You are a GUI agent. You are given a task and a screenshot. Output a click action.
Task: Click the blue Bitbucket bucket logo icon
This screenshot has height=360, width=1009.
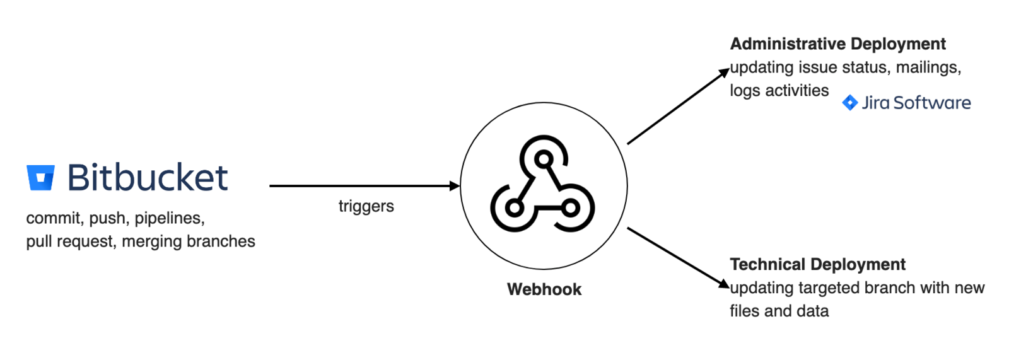[x=40, y=177]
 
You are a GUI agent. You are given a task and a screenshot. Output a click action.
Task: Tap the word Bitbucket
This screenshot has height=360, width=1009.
[x=147, y=177]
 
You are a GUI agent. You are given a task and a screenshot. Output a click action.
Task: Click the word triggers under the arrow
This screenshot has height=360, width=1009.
[x=366, y=206]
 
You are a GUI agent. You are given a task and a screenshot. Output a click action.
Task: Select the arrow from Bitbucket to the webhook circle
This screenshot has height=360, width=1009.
[x=364, y=186]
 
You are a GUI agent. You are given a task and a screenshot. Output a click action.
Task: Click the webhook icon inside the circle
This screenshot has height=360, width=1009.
[x=543, y=185]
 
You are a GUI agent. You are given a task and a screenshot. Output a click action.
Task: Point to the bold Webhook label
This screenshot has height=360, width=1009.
[x=544, y=289]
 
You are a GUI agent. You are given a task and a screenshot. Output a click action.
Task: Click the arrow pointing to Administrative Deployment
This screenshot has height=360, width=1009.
[x=678, y=107]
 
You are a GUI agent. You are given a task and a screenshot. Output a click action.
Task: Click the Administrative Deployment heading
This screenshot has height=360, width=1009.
[x=837, y=44]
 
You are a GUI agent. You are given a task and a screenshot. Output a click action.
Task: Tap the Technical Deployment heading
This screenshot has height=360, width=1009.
[x=817, y=264]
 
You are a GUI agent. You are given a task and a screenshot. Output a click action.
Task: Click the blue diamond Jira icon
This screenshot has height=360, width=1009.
[x=849, y=103]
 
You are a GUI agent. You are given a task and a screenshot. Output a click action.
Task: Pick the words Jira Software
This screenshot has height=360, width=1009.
[x=916, y=103]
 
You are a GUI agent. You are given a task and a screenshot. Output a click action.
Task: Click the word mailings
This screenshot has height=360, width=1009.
[x=928, y=67]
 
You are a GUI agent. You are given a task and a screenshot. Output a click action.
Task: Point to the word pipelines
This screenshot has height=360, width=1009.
[x=169, y=218]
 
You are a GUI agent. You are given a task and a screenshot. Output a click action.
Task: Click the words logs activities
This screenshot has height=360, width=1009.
[x=779, y=91]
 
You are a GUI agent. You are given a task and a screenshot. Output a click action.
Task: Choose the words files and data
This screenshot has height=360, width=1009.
[x=779, y=311]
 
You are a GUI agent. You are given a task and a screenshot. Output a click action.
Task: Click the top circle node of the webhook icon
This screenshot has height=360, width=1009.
[x=544, y=158]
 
